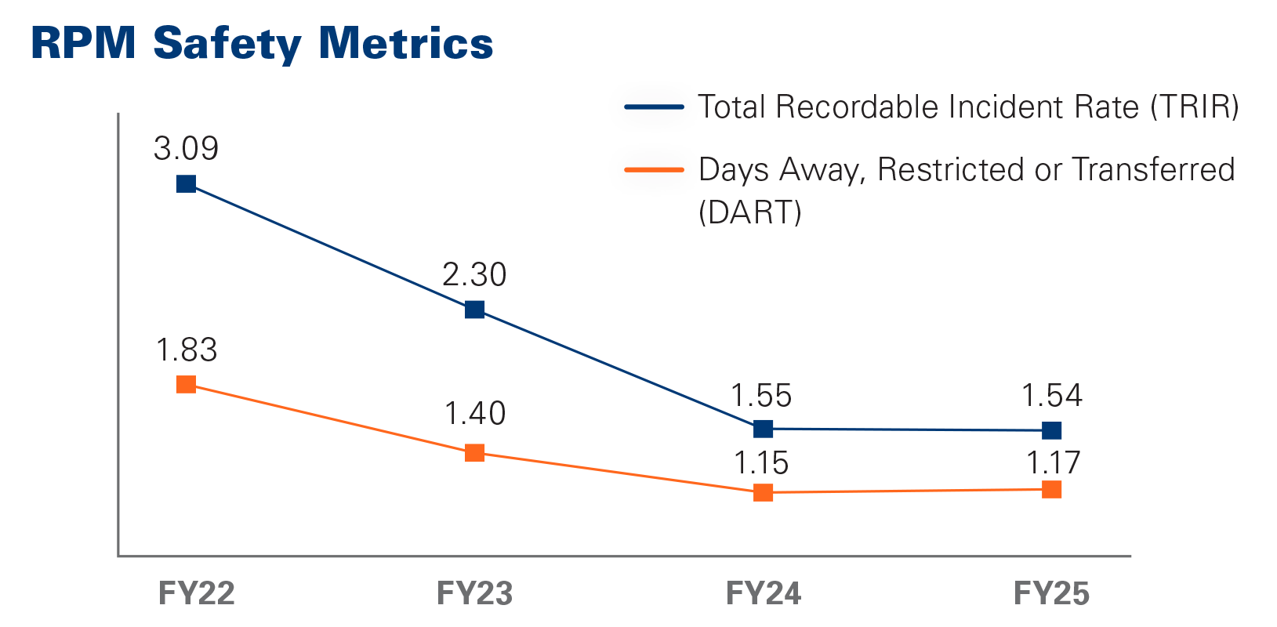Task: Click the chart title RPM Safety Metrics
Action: pos(262,44)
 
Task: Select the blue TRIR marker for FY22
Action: pos(186,183)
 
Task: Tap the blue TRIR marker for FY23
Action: pos(474,310)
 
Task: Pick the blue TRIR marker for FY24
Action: pos(763,429)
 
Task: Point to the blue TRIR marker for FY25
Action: pos(1052,430)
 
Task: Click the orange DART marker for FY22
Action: pos(186,384)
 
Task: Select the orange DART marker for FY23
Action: pos(474,452)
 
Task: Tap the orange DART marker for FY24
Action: pos(763,492)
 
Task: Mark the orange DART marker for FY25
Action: pos(1052,489)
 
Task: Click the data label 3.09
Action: pos(186,148)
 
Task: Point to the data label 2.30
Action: pos(474,275)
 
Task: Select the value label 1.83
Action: pos(186,350)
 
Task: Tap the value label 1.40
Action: pos(474,413)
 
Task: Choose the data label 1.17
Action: pos(1053,463)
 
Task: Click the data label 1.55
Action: pos(761,396)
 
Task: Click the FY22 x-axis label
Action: pos(196,593)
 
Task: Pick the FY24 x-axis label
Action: pos(764,593)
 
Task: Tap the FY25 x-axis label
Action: pos(1051,593)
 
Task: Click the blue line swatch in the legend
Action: pos(654,107)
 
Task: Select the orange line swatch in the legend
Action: pos(654,169)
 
